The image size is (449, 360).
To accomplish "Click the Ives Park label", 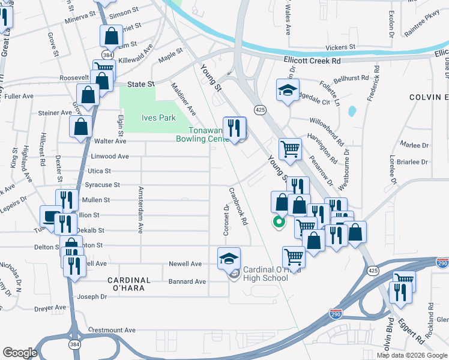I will (x=158, y=118).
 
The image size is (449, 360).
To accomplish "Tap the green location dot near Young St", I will (x=279, y=223).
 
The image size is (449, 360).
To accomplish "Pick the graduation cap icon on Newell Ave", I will (x=228, y=258).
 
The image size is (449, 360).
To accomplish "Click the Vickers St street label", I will (x=340, y=47).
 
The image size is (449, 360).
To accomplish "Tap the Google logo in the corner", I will (x=20, y=352).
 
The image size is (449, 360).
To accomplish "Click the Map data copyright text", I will (x=412, y=355).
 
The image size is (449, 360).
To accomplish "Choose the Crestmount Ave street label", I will (x=112, y=330).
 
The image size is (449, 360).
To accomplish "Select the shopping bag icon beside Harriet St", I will (x=112, y=38).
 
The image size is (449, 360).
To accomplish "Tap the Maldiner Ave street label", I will (x=183, y=99).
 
